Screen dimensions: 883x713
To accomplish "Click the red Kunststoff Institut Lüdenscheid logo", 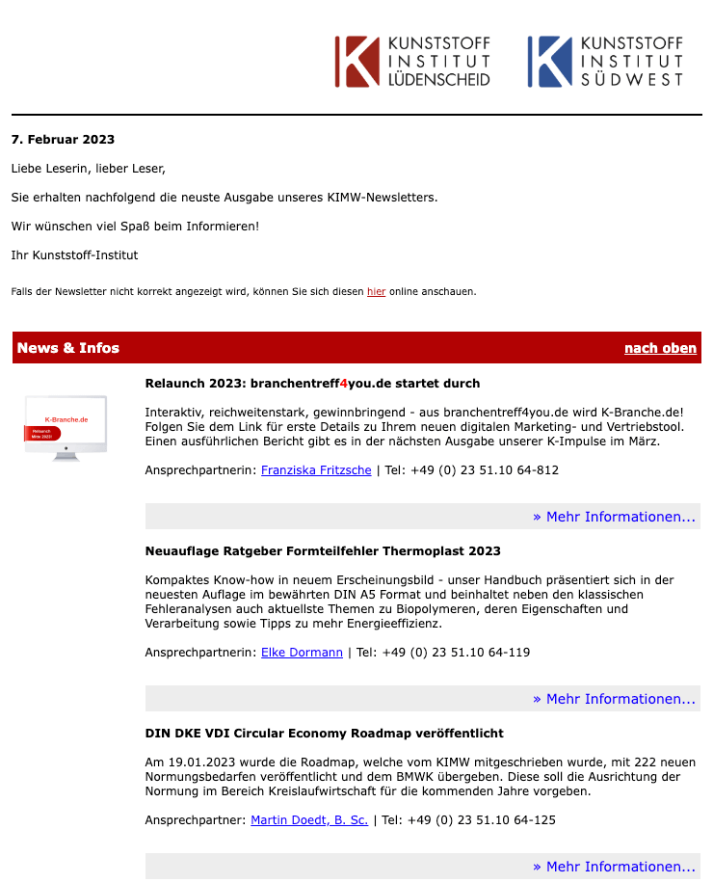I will (x=412, y=62).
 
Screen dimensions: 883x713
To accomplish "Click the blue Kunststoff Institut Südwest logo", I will (x=605, y=62).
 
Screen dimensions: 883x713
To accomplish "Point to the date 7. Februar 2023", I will (x=63, y=140).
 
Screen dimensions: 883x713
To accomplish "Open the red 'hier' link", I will (x=376, y=291).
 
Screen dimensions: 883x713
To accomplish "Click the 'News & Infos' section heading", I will (x=68, y=348).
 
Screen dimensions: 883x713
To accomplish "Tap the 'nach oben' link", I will (x=660, y=348).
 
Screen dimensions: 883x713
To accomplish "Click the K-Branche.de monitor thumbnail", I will (x=66, y=427).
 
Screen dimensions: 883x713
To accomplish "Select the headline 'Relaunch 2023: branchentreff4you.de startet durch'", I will (x=312, y=384).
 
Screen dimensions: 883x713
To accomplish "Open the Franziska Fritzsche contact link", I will (x=316, y=470).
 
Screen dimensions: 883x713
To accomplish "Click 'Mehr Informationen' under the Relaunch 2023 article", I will (x=614, y=517).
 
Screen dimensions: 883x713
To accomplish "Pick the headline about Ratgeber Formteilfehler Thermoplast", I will (x=323, y=551).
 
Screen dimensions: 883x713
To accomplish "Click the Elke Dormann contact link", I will (x=302, y=653).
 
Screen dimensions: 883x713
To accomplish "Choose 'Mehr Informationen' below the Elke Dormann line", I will (x=614, y=699).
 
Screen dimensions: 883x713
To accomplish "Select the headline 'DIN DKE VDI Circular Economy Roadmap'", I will (x=324, y=734).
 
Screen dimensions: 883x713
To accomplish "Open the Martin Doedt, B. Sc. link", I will (x=309, y=820).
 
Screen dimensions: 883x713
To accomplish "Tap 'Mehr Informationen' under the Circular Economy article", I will (x=614, y=867).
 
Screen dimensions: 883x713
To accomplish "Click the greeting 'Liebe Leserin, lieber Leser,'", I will (x=89, y=169).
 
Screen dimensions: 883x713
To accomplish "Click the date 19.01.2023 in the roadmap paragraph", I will (x=198, y=763).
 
